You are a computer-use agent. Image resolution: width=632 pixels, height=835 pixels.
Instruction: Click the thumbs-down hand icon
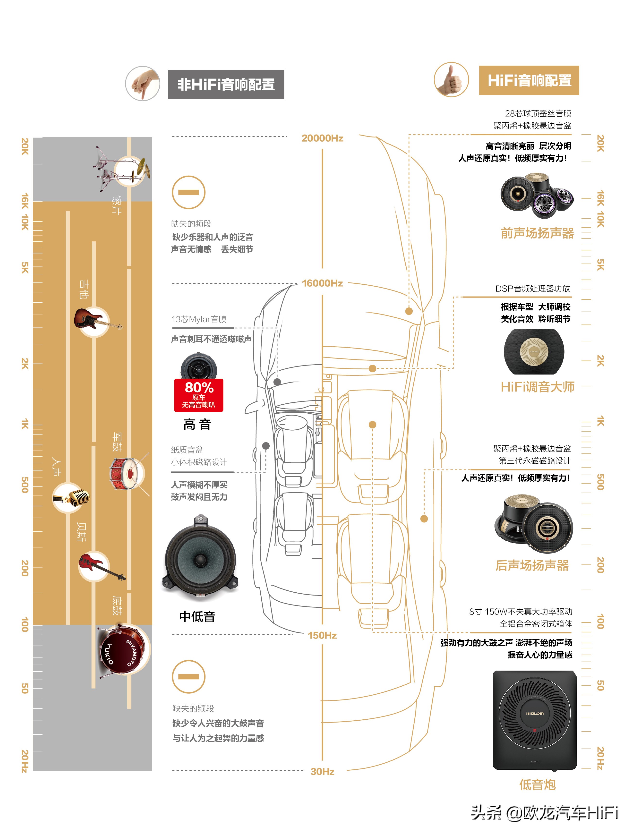[x=143, y=84]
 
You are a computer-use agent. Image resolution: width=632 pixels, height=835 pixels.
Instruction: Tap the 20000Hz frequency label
[x=322, y=138]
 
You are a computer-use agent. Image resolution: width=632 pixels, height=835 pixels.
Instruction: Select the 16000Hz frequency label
[x=322, y=283]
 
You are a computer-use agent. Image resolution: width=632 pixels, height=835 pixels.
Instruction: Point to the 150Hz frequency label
[x=322, y=635]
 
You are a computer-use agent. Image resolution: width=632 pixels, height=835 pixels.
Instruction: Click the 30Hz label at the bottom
[x=322, y=772]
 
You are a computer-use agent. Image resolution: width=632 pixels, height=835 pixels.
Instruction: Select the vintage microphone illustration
[x=72, y=498]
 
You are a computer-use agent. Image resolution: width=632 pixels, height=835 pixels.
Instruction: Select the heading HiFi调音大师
[x=537, y=387]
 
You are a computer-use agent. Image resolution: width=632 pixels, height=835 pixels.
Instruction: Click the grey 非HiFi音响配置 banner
[x=226, y=85]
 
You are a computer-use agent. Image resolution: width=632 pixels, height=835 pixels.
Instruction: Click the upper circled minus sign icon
[x=188, y=193]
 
